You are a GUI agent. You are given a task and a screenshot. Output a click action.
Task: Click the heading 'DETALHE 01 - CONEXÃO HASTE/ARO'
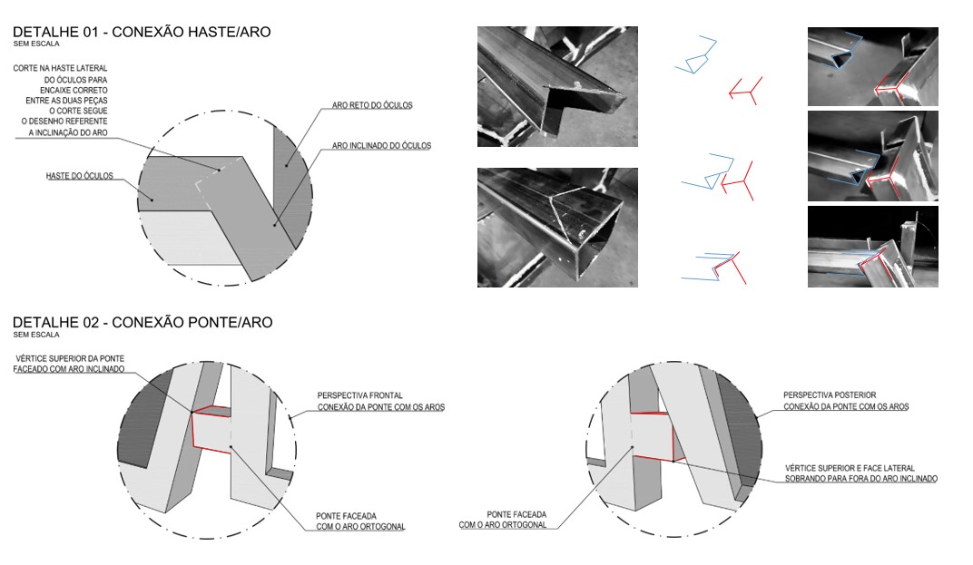141,33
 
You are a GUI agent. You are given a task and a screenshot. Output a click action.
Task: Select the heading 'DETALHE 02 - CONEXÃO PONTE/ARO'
142,323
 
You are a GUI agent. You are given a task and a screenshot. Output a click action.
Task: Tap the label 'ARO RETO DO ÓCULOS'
372,106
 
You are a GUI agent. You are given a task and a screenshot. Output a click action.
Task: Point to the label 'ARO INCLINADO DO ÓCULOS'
381,145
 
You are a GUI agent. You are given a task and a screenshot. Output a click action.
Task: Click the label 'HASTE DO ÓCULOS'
79,176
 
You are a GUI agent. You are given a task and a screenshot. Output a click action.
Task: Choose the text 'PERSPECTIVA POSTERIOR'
830,395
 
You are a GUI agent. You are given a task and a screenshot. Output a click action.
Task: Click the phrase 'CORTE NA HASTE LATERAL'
60,68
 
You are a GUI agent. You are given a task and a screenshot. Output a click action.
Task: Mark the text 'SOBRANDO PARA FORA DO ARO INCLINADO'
860,478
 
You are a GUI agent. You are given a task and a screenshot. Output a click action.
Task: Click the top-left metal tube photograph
557,86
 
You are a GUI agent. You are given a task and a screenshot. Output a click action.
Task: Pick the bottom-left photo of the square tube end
557,227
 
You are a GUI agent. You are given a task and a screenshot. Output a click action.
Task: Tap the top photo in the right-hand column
872,66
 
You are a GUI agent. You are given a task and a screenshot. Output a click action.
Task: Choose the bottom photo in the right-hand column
872,247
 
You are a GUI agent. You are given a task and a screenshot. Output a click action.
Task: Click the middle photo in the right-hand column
872,156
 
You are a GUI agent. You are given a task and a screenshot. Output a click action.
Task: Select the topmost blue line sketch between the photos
696,55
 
